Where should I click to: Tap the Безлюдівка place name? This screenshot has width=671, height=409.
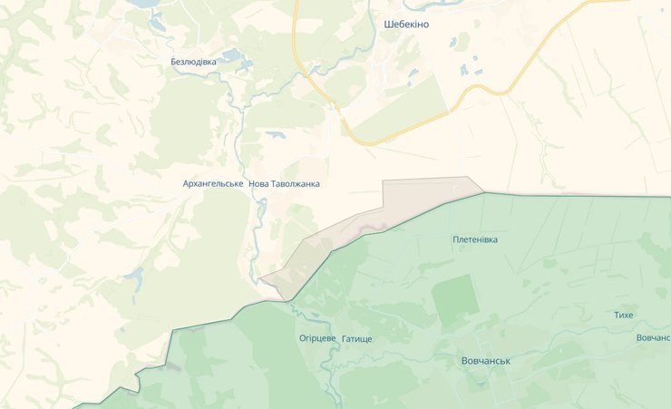(x=194, y=62)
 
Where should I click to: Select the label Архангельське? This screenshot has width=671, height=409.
(x=212, y=183)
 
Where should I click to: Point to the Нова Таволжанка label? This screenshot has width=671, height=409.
(x=284, y=183)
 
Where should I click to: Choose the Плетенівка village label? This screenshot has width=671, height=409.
(x=475, y=239)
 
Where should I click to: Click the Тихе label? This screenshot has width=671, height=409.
(x=624, y=315)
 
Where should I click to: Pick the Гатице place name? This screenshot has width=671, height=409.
(x=357, y=338)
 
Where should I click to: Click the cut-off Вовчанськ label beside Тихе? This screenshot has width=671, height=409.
(x=653, y=338)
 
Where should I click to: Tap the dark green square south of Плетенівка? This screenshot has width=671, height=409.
(x=454, y=299)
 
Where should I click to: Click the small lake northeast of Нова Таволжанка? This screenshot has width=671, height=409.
(x=275, y=136)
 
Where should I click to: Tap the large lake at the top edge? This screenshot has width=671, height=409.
(x=143, y=4)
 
